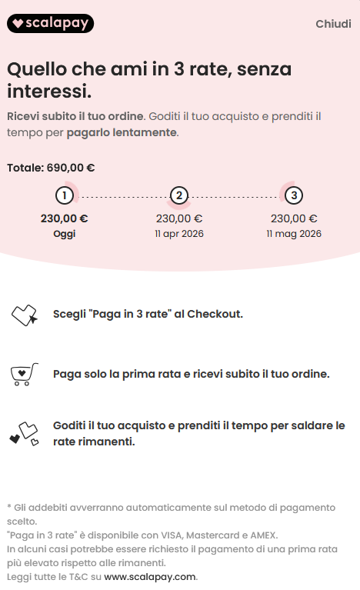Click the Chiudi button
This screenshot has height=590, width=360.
[333, 24]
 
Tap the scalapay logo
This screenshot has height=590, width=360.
[51, 23]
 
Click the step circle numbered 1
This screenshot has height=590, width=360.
[65, 195]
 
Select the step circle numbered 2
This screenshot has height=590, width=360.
[179, 195]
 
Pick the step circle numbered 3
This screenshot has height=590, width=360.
[294, 195]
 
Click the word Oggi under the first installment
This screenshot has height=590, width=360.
[65, 234]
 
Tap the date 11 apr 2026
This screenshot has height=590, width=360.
[179, 234]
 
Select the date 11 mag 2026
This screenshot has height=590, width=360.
[294, 234]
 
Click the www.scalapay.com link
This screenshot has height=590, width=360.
[150, 577]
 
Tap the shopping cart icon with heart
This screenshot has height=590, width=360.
[24, 375]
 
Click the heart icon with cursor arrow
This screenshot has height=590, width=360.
[24, 315]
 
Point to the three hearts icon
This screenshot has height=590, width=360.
[24, 434]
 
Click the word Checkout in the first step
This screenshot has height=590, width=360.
[215, 314]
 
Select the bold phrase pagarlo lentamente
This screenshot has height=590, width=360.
[122, 133]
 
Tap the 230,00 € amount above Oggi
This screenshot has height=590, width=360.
[65, 218]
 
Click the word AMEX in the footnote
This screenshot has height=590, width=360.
[263, 535]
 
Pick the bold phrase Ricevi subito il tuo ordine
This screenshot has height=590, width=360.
[75, 116]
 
